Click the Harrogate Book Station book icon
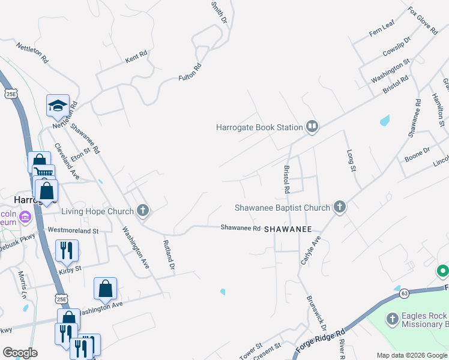312,127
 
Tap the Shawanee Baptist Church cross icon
340,208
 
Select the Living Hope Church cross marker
142,211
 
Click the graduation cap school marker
58,106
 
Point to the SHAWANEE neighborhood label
288,229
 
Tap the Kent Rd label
136,57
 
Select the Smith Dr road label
219,12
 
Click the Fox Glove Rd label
423,21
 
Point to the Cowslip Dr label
396,47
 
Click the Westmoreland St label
73,230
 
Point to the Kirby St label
70,272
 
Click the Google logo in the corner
20,353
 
